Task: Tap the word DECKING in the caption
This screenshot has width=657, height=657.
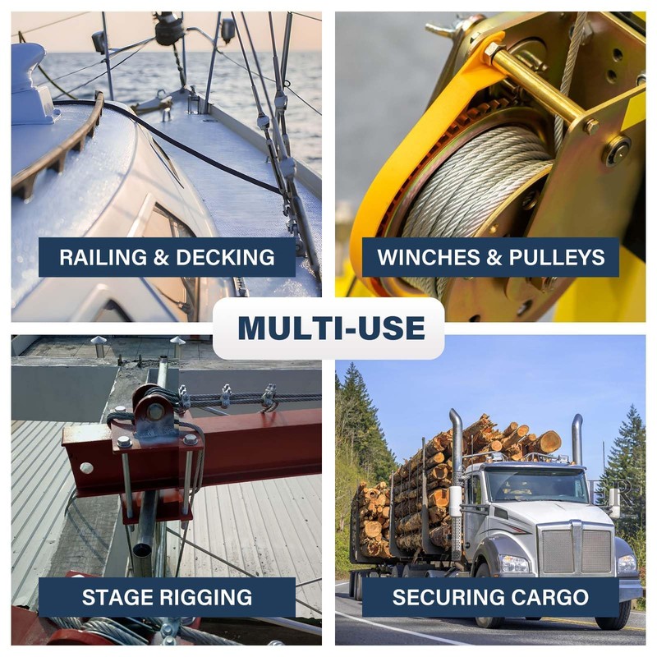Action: point(225,257)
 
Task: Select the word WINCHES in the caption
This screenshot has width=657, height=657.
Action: point(428,257)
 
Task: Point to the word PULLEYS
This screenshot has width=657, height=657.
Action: point(557,257)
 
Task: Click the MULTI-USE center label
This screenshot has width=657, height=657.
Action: point(332,328)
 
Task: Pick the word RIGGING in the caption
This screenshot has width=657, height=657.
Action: point(205,597)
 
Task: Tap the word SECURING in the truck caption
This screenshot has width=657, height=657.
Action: point(444,597)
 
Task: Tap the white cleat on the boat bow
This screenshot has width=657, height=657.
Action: point(31,84)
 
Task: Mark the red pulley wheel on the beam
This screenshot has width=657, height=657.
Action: point(154,411)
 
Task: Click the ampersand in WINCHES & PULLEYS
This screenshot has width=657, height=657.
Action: point(494,257)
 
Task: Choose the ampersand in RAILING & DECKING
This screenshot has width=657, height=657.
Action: point(161,257)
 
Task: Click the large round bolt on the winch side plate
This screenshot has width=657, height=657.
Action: point(616,151)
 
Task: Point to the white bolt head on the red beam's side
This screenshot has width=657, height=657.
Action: point(86,467)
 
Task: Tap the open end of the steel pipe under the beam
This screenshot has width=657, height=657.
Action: point(143,549)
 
